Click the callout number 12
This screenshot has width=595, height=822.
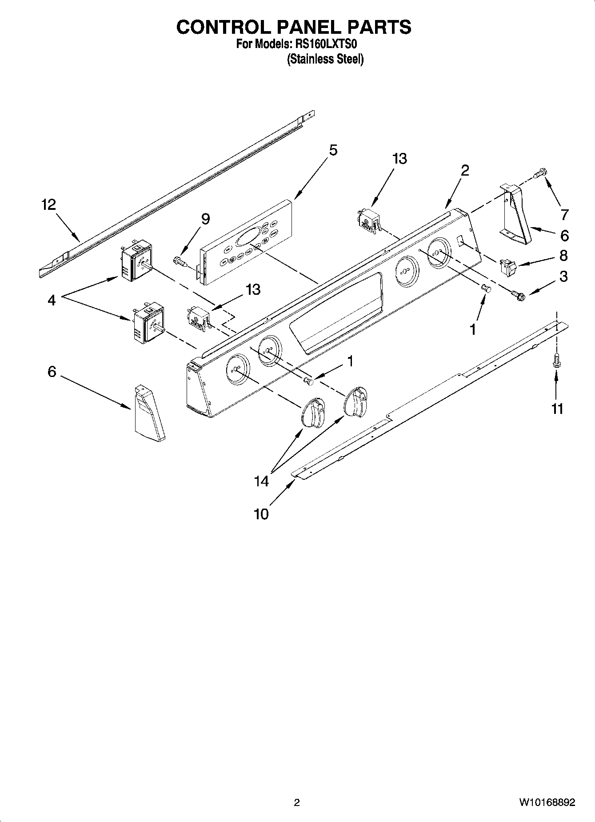[x=49, y=205]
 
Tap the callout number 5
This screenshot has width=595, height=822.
[x=333, y=150]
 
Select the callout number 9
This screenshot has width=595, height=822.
[x=205, y=219]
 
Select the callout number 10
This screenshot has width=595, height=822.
[x=261, y=514]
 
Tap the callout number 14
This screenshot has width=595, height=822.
[x=261, y=481]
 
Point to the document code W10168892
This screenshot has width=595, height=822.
[x=546, y=802]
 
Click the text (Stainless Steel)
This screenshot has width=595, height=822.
[x=325, y=59]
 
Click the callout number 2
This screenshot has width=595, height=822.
[x=465, y=170]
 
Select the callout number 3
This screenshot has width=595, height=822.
[x=563, y=277]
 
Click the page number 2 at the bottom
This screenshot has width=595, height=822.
[x=297, y=802]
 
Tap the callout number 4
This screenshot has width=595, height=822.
[x=52, y=301]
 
